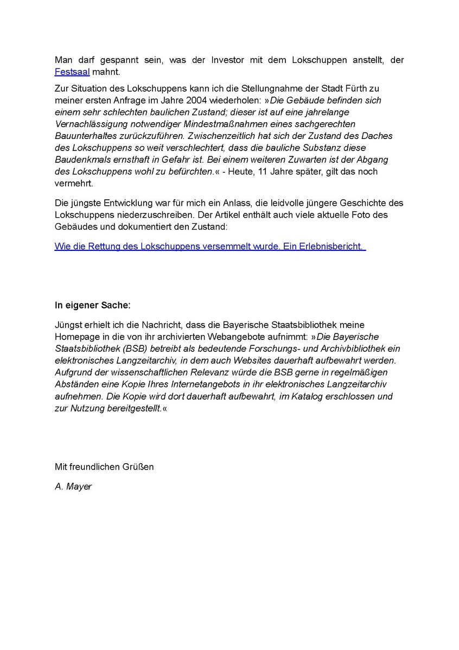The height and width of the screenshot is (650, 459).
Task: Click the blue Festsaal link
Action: point(72,72)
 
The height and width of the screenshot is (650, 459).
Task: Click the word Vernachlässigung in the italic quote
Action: point(87,124)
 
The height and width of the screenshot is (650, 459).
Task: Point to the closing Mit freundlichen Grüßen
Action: point(104,466)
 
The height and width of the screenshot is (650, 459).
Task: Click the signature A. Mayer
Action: point(73,487)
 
